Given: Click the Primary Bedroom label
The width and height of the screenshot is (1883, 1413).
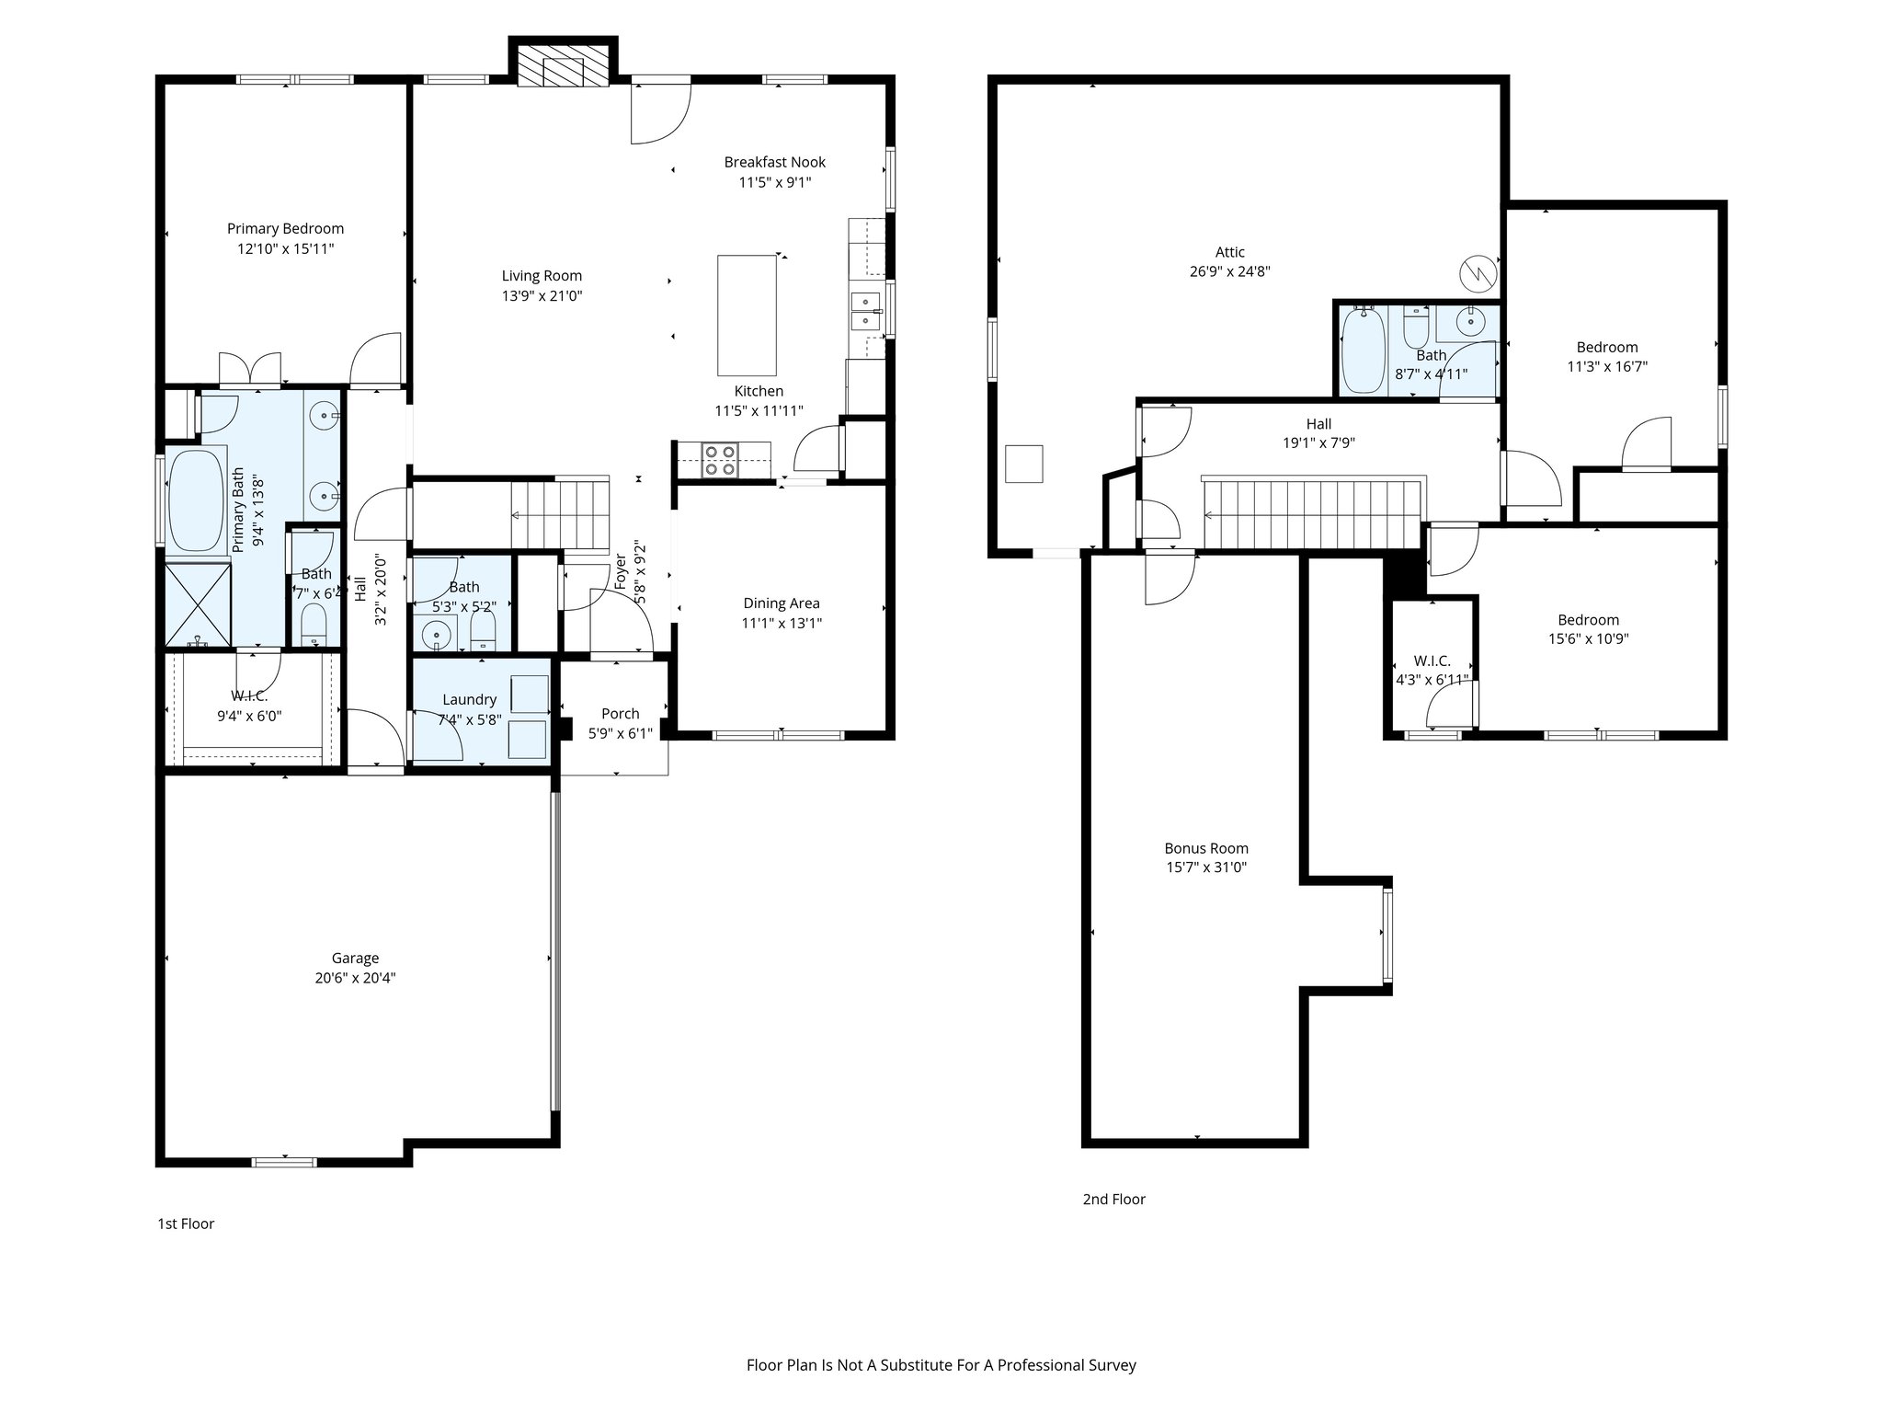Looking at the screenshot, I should pos(285,228).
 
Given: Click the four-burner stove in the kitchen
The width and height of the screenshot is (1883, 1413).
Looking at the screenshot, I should pos(719,459).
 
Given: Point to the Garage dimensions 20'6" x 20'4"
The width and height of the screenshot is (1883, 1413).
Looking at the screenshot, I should pos(355,978).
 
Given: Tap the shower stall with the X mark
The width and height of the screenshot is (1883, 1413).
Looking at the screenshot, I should pos(197,605).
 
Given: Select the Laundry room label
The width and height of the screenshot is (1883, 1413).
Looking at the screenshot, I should pos(469,699).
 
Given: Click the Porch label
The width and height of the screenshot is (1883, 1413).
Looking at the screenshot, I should pos(620,713).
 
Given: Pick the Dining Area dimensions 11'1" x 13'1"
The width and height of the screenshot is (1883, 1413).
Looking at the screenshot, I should pos(782,623).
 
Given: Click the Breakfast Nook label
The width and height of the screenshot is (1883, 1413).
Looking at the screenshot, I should pos(774,162).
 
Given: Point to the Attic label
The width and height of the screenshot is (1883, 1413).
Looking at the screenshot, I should pos(1229,251).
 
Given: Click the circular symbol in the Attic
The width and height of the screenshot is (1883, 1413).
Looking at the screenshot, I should pos(1478,271).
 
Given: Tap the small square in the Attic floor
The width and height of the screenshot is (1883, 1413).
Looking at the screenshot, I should pos(1023,464).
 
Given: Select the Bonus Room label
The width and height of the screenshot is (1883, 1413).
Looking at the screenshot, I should pos(1206,848).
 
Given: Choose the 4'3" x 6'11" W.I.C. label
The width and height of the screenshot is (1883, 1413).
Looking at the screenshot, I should pos(1432,680).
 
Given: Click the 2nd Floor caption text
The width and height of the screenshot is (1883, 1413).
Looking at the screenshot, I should pos(1113,1199).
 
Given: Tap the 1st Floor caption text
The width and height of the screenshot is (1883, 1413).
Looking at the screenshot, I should pos(186,1223).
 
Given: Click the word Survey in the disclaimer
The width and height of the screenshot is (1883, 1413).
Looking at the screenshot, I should pos(1113,1365).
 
